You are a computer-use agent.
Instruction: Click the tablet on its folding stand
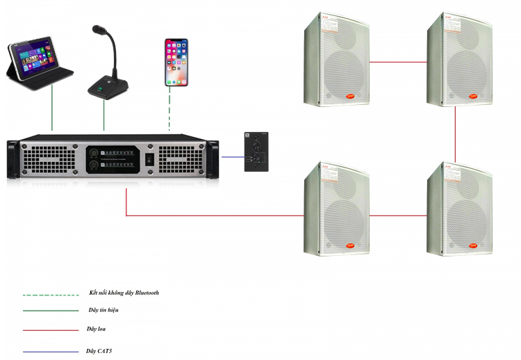point(40,63)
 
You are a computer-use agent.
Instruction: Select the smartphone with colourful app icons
point(176,62)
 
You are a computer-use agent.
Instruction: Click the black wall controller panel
point(256,152)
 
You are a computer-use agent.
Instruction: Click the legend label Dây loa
point(97,329)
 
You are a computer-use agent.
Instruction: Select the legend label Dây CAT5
point(100,352)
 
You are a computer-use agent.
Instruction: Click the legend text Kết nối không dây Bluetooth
point(124,293)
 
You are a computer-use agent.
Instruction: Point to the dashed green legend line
point(50,295)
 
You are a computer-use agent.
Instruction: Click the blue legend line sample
point(50,352)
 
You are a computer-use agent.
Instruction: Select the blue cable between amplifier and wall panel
point(231,157)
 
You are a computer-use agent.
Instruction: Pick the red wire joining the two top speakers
point(398,61)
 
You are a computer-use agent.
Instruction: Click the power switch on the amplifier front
point(149,160)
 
